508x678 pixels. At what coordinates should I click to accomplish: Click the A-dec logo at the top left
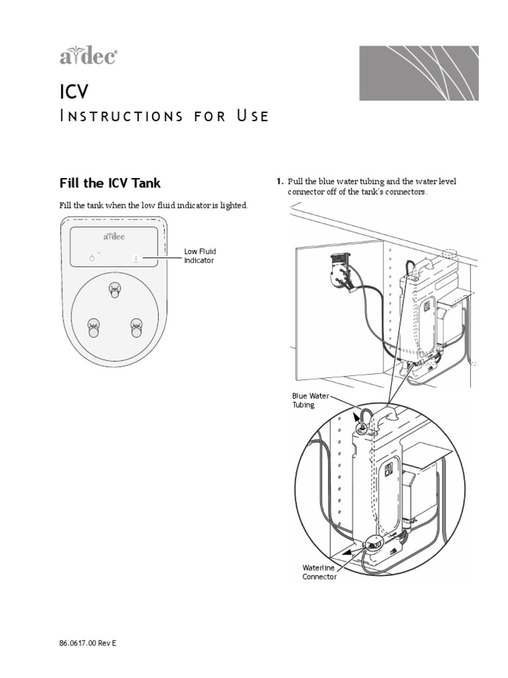tap(89, 58)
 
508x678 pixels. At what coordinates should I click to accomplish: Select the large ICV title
tap(73, 91)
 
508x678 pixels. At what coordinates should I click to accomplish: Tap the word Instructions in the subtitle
tap(120, 117)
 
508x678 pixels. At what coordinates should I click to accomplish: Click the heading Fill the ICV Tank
tap(110, 182)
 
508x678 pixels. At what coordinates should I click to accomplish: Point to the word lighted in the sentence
tap(233, 206)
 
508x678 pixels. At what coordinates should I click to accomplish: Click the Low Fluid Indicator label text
tap(200, 256)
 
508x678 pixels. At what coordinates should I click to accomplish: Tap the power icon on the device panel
tap(93, 258)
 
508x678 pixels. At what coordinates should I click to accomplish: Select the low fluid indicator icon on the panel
tap(135, 258)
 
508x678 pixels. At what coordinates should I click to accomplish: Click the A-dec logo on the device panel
tap(114, 236)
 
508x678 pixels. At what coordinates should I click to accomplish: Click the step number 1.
tap(280, 181)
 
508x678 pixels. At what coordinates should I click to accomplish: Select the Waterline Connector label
tap(319, 572)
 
